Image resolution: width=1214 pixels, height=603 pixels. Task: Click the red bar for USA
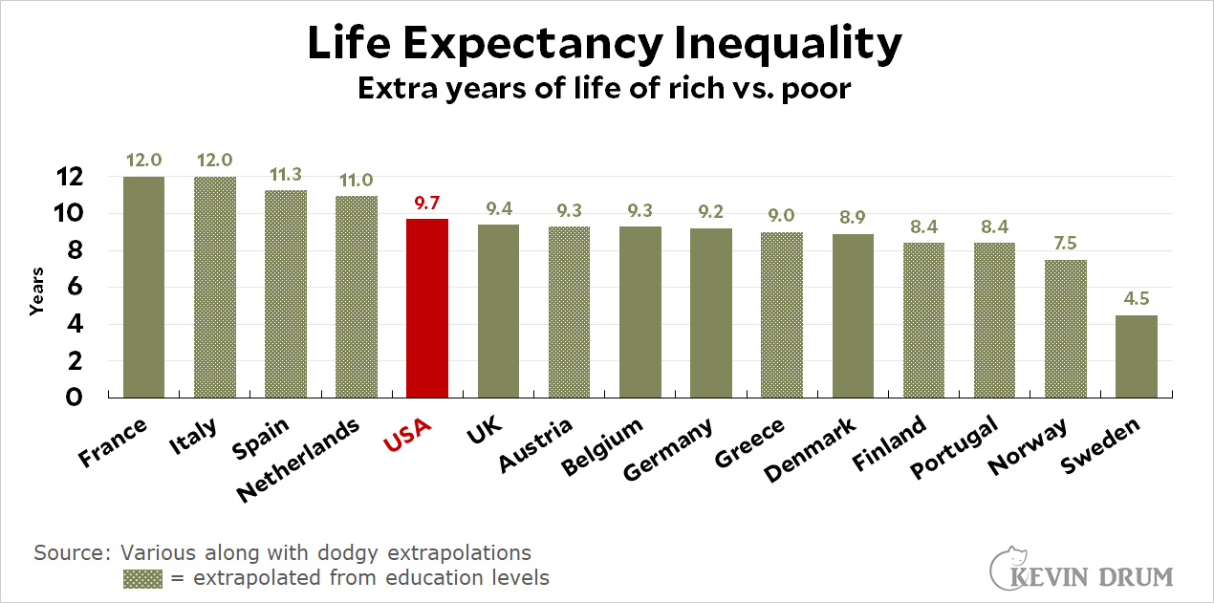pos(427,308)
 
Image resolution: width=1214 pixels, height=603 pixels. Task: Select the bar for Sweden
pos(1137,355)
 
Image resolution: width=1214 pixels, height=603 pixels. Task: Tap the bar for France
pos(143,287)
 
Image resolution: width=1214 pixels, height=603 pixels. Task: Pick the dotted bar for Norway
pos(1066,328)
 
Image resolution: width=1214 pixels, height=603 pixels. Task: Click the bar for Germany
pos(711,312)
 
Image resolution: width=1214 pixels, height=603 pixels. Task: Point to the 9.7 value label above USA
pos(427,203)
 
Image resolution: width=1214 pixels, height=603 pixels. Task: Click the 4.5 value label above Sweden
pos(1137,299)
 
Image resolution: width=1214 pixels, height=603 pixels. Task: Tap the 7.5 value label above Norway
pos(1066,244)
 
